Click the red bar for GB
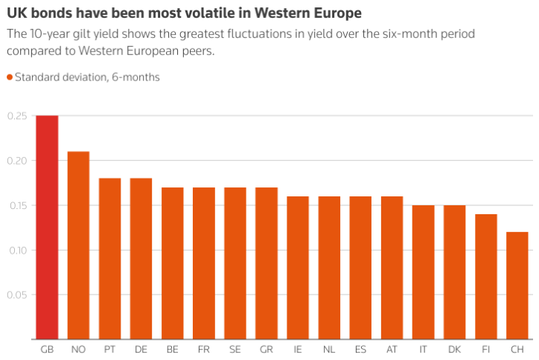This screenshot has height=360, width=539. pos(47,228)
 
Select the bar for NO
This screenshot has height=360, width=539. pos(78,245)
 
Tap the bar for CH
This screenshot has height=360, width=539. pos(517,286)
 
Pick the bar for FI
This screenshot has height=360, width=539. pos(486,277)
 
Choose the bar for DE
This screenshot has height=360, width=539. pos(141,259)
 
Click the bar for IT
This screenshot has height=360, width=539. pos(424,272)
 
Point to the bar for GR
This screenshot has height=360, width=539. pos(267,263)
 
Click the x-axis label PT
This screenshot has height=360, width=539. pos(109,349)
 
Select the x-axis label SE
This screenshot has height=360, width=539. pos(235,349)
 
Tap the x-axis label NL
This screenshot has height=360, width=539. pos(329,349)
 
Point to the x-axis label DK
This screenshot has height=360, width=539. pos(455,349)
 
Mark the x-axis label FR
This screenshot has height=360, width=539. pos(204,349)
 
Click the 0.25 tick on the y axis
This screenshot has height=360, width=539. pos(16,116)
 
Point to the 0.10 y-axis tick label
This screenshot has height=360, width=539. pos(16,250)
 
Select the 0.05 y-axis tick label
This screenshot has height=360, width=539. pos(16,295)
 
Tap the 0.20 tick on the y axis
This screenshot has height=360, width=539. pos(16,161)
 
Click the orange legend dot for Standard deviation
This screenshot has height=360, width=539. pos(10,77)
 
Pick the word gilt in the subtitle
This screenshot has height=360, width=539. pos(86,34)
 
